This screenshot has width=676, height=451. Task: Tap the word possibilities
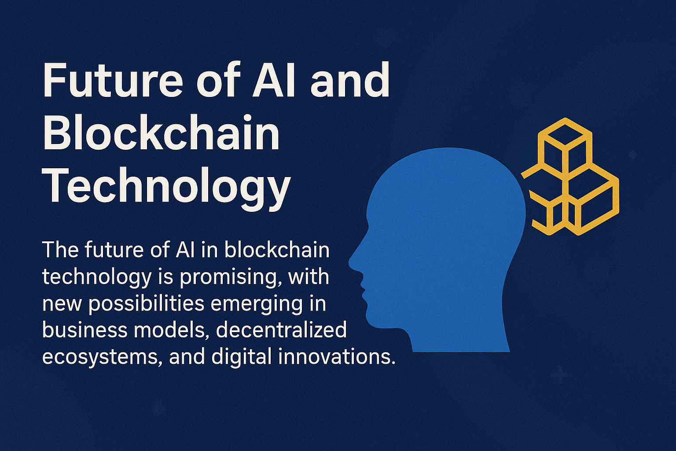[x=147, y=304]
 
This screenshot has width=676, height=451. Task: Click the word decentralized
[x=281, y=330]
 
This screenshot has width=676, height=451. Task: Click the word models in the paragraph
[x=169, y=330]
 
